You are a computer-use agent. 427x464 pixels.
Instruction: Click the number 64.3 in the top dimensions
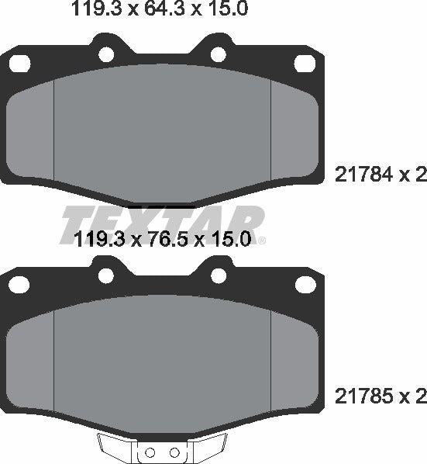tap(160, 10)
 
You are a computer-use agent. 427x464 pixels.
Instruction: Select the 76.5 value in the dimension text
tap(160, 240)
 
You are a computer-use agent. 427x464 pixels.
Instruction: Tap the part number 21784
tap(362, 175)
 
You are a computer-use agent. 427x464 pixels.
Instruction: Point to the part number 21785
tap(362, 396)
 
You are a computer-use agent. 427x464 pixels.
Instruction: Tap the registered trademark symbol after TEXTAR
tap(261, 240)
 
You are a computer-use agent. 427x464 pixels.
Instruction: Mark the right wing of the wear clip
tap(208, 445)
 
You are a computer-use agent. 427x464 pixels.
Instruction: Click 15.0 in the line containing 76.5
tap(228, 240)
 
